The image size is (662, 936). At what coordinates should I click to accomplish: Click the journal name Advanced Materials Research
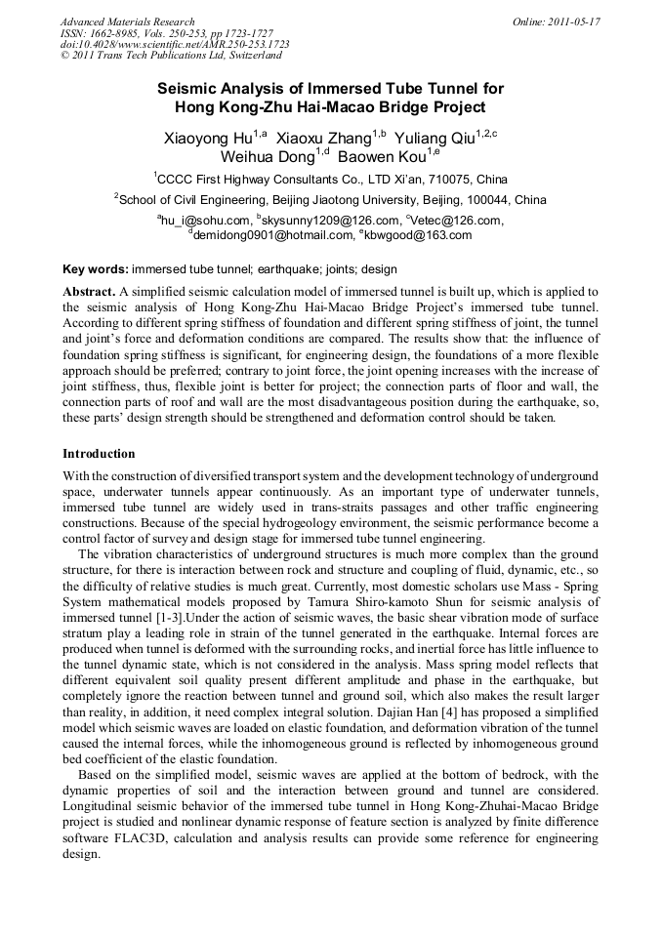[127, 21]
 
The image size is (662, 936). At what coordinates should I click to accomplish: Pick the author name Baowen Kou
[382, 157]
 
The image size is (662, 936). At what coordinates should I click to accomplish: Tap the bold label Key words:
[95, 268]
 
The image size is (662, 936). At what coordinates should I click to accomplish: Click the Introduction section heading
[99, 454]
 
